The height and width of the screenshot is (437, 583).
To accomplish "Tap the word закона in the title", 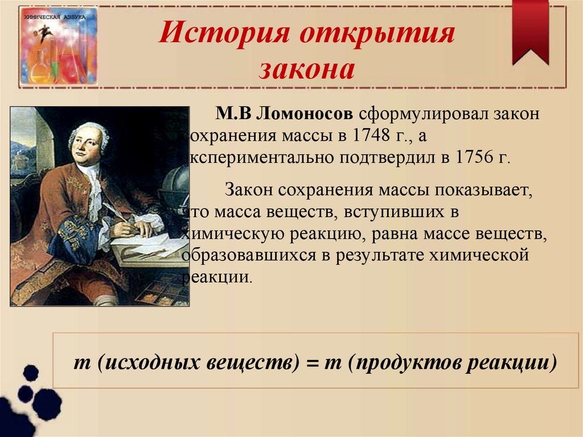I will [x=307, y=70].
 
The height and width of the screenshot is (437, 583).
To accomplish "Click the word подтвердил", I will [x=385, y=157].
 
